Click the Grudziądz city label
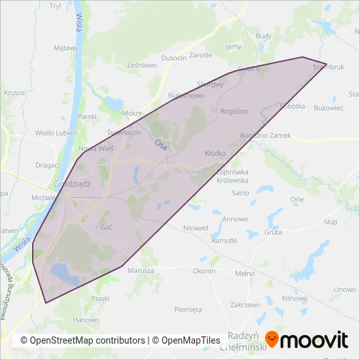pyautogui.click(x=72, y=184)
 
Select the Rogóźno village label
pyautogui.click(x=234, y=111)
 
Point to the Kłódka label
pyautogui.click(x=215, y=153)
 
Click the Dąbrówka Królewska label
pyautogui.click(x=232, y=176)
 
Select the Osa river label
pyautogui.click(x=161, y=145)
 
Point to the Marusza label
pyautogui.click(x=141, y=270)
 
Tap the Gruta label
pyautogui.click(x=274, y=232)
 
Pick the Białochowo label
pyautogui.click(x=186, y=96)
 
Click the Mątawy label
pyautogui.click(x=65, y=48)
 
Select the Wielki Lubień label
pyautogui.click(x=56, y=133)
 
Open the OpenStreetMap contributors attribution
pyautogui.click(x=82, y=340)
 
